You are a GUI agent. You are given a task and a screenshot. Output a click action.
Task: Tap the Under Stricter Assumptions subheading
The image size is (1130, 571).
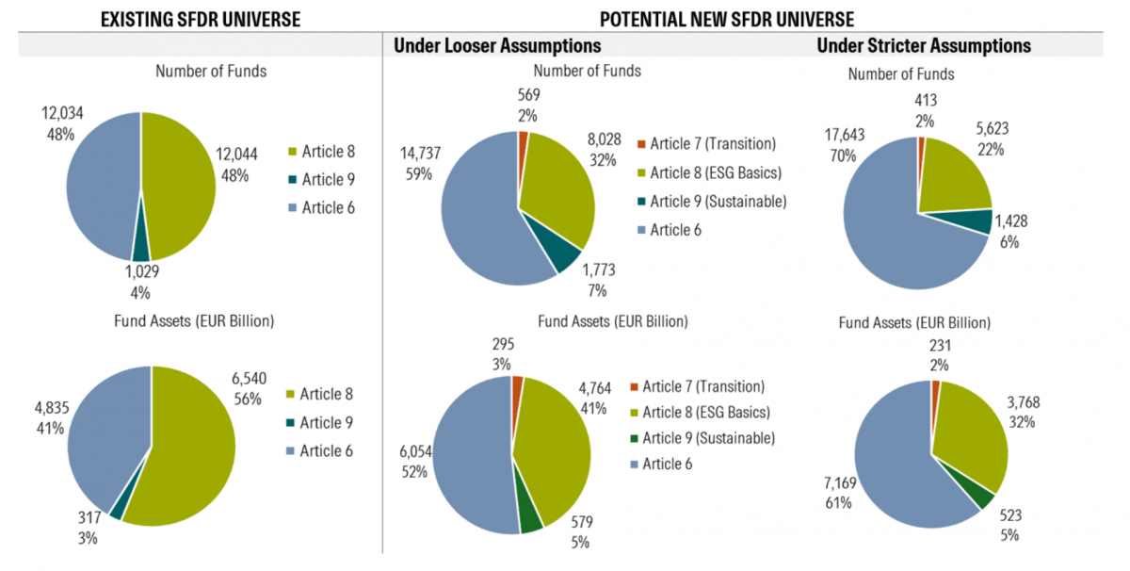click(924, 45)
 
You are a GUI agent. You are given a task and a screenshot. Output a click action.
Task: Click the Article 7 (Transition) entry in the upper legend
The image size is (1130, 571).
click(705, 143)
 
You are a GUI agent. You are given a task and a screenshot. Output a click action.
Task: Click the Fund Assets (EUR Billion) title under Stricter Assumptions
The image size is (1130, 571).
click(912, 323)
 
